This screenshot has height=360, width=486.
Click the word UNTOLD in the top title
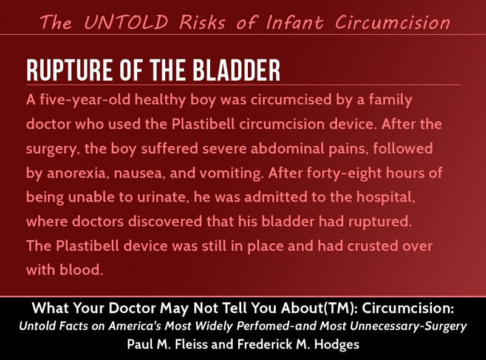126,22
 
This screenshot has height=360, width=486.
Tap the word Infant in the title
295,22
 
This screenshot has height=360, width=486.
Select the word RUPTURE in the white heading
69,70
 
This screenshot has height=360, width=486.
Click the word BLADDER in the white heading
236,70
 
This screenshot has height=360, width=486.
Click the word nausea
138,174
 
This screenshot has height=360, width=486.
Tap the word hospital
386,197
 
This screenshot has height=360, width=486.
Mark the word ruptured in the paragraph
380,222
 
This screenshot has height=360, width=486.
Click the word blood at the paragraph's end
81,270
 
